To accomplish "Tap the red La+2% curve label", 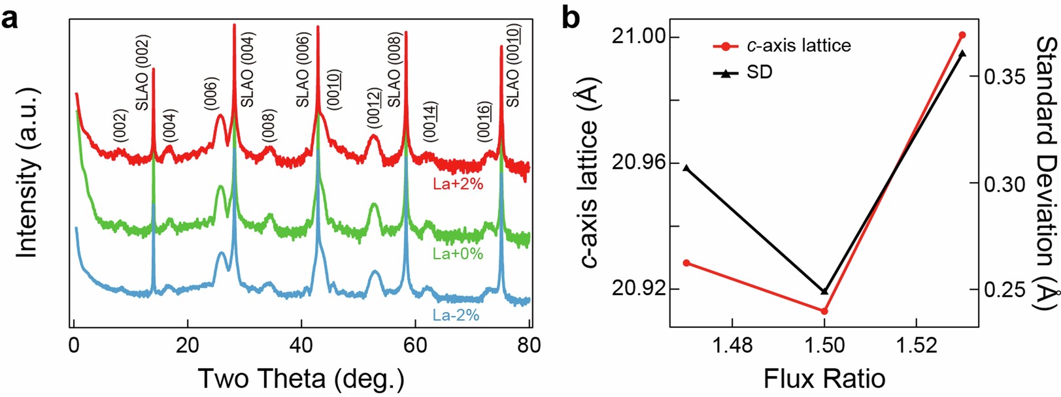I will coord(458,184).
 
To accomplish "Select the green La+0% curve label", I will coord(458,253).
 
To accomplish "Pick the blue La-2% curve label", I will coord(456,315).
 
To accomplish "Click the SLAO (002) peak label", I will coord(143,73).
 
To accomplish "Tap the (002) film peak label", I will coord(120,125).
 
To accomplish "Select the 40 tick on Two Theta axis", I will coord(301,345).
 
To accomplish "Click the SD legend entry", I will coord(759,72).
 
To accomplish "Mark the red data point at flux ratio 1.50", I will coord(824,311).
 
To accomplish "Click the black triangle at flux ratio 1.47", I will coord(686,168).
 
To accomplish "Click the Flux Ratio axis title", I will coord(824,378).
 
